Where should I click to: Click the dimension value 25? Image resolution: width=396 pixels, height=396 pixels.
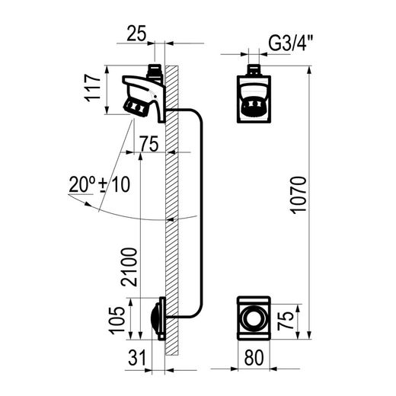(x=136, y=34)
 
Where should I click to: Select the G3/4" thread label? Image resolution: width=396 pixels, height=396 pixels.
(x=291, y=43)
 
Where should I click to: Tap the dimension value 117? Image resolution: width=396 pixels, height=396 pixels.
(x=93, y=88)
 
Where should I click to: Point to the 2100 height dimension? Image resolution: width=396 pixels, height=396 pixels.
(x=129, y=267)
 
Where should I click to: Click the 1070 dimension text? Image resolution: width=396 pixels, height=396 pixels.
(x=299, y=195)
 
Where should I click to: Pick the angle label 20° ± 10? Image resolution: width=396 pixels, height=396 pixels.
(x=100, y=184)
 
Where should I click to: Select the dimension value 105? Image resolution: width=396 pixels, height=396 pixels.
(x=117, y=320)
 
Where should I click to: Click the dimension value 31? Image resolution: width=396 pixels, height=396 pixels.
(x=137, y=358)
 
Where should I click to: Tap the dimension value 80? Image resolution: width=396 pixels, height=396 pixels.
(x=254, y=358)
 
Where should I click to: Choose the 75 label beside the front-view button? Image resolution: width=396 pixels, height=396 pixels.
(x=286, y=321)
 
